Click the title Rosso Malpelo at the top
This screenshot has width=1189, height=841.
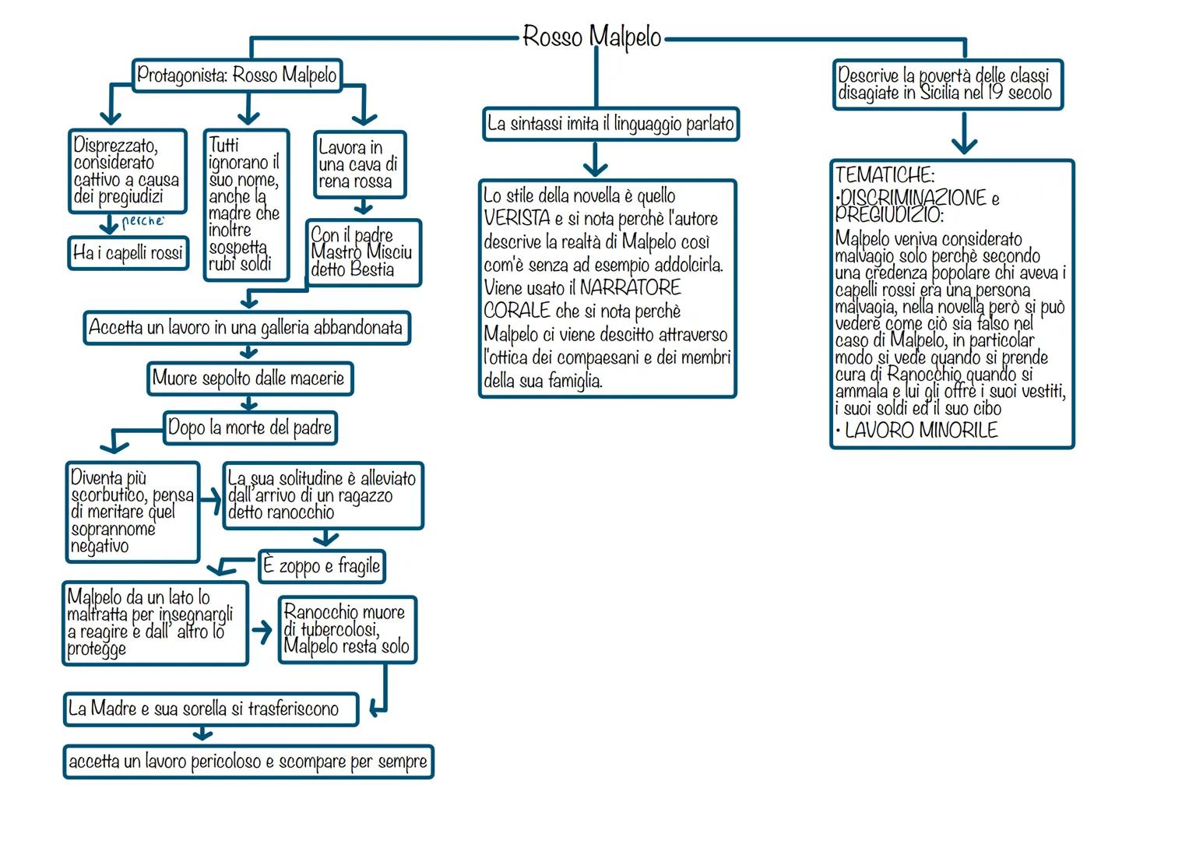point(592,37)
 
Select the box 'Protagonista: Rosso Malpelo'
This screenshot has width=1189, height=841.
point(237,76)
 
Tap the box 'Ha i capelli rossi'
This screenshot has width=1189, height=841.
point(128,252)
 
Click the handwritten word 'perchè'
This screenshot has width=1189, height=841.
point(143,221)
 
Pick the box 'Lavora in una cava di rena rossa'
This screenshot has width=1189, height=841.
point(359,164)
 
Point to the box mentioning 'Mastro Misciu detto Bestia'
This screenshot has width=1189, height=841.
point(363,252)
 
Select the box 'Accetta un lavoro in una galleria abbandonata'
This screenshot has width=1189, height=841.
point(246,327)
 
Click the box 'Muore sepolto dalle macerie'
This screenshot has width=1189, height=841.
point(249,378)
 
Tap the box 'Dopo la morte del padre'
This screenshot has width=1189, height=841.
point(250,428)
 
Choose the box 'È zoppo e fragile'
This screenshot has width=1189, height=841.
point(322,566)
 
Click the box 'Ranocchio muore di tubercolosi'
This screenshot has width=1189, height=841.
point(346,629)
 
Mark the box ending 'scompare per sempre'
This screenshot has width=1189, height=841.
point(248,761)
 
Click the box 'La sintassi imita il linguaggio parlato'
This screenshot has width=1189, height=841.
point(610,124)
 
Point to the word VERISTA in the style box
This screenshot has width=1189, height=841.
point(517,219)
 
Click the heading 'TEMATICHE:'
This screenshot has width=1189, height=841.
point(885,174)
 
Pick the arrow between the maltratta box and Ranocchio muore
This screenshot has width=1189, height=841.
point(262,632)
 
